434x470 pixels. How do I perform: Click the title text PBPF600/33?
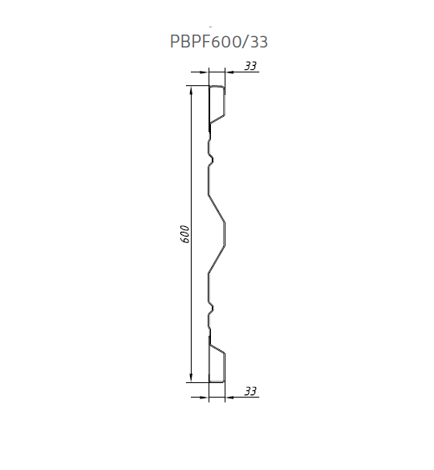[x=219, y=43]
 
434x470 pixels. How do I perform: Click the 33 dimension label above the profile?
[x=250, y=66]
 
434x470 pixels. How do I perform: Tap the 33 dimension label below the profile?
[x=250, y=391]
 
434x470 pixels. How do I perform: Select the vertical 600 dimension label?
[x=184, y=233]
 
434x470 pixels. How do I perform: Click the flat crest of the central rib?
[x=225, y=233]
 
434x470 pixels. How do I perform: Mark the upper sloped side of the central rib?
[x=217, y=207]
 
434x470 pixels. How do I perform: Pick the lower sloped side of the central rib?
[x=217, y=258]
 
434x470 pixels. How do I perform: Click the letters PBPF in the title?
[x=189, y=43]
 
